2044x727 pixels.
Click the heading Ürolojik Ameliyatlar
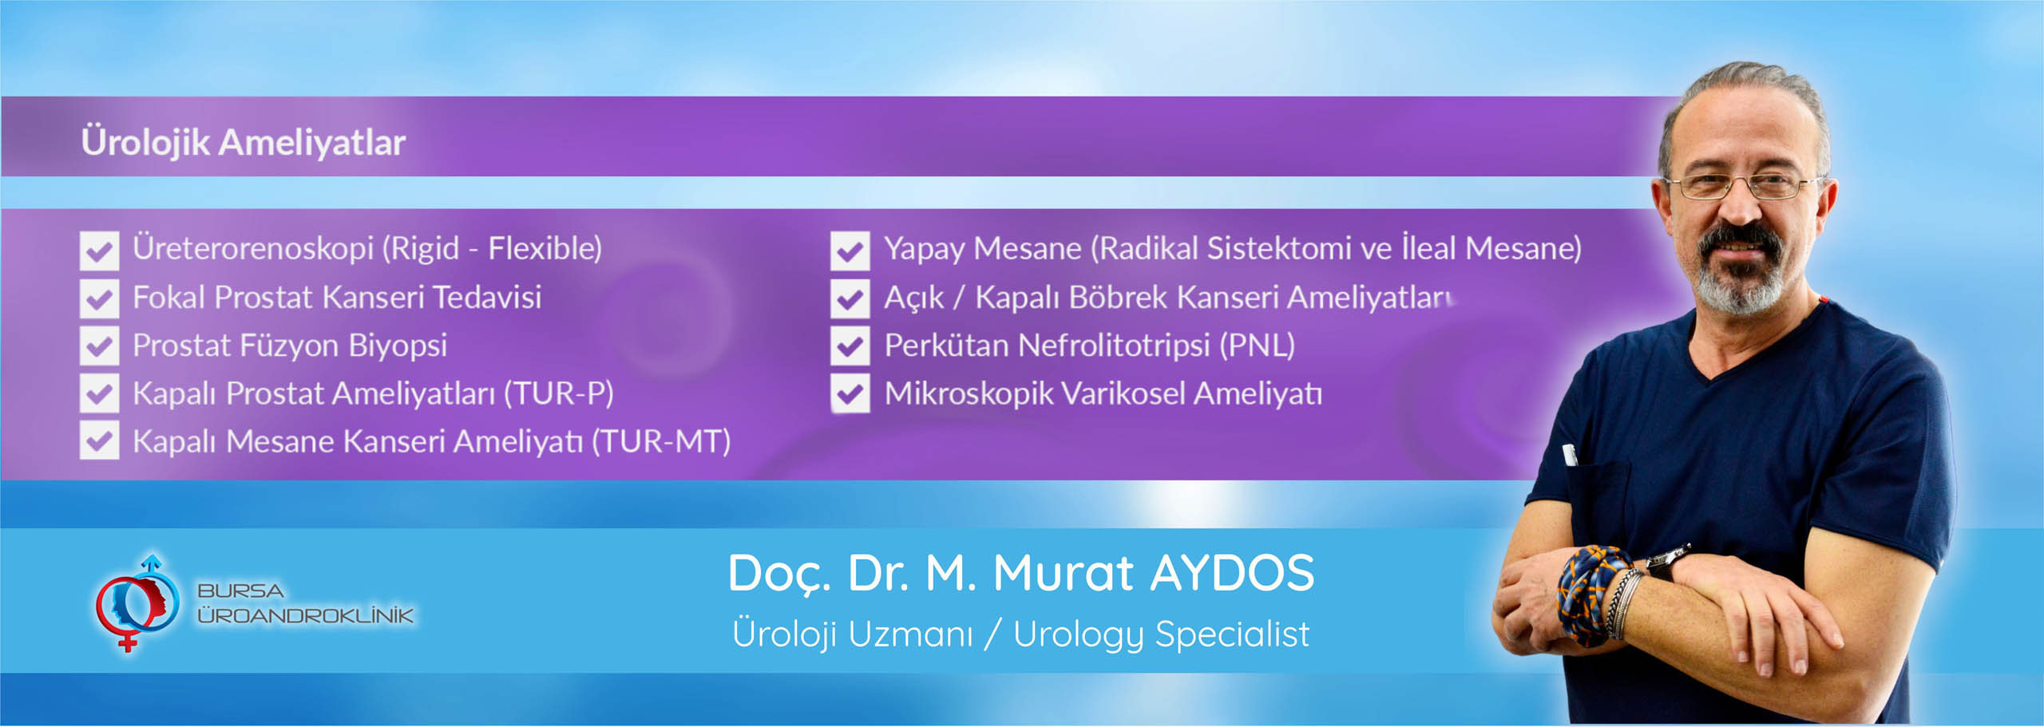(x=243, y=143)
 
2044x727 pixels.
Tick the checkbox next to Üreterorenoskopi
(x=99, y=250)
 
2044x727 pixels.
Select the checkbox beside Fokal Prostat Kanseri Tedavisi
(x=99, y=298)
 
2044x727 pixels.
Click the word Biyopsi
(x=398, y=346)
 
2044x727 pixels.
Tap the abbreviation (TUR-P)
(x=558, y=393)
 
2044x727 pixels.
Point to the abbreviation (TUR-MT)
(x=661, y=441)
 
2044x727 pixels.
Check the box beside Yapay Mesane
(x=850, y=250)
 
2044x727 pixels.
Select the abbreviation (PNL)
(x=1257, y=346)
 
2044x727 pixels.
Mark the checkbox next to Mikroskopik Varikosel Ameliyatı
(x=850, y=393)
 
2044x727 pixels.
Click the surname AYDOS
(x=1232, y=573)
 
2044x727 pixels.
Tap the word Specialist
(x=1232, y=635)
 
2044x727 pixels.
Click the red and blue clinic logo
(x=136, y=603)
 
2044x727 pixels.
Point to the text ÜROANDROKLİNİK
(x=305, y=615)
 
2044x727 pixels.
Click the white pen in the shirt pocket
(x=1569, y=454)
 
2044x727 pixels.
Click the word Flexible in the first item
(x=545, y=249)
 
